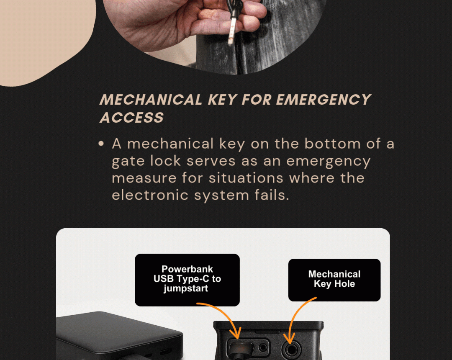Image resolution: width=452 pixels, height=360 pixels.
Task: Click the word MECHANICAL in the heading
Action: pos(151,100)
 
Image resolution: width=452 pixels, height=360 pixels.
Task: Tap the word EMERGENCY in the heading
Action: pos(324,100)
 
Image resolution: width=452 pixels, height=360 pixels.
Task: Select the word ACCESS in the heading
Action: pos(132,118)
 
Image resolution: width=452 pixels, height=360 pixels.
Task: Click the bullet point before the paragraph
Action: pos(101,144)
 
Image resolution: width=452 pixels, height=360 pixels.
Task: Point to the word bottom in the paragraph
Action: pos(332,144)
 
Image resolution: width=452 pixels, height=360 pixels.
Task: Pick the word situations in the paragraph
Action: pos(246,178)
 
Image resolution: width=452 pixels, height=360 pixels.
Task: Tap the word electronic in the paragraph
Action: pos(150,195)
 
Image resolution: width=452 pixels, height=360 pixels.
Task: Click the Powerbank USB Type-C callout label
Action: pos(187,280)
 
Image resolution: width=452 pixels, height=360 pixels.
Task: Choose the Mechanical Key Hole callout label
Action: pos(334,280)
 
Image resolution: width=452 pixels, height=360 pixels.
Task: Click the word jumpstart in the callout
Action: pos(186,288)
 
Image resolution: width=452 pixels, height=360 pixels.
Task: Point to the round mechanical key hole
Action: pos(291,350)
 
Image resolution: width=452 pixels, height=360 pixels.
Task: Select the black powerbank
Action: pos(119,336)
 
